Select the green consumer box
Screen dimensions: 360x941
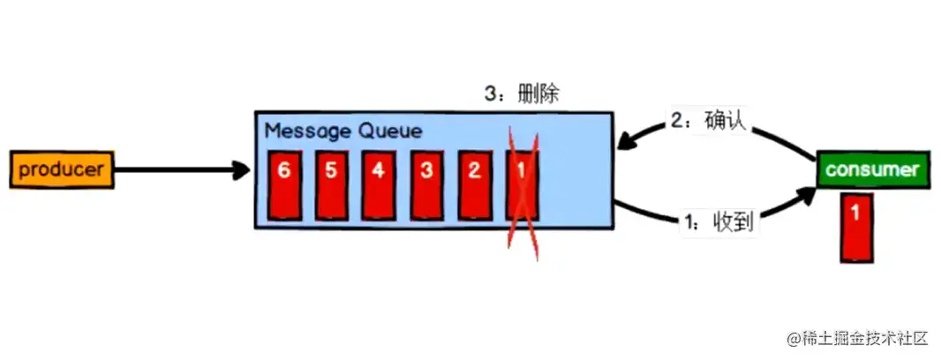(871, 169)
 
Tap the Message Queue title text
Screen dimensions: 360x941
(343, 131)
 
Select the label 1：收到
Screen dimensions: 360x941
(719, 222)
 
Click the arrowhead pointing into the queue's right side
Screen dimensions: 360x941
(625, 142)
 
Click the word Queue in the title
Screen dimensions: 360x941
(389, 131)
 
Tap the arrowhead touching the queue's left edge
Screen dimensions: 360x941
(243, 170)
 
